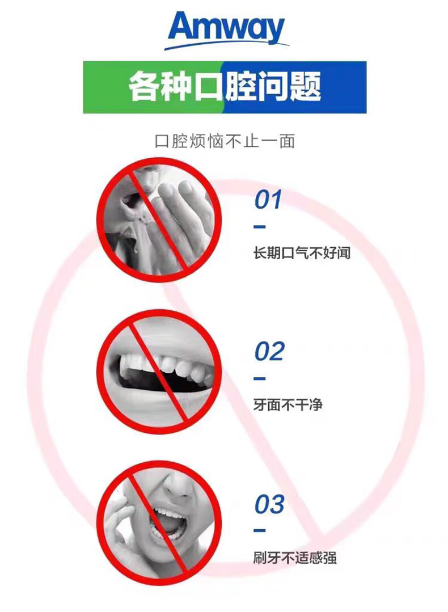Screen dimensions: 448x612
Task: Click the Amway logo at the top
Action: (226, 31)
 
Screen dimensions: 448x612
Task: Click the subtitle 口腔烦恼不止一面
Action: (225, 141)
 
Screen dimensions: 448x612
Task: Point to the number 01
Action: (268, 200)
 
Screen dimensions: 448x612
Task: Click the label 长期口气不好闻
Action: (302, 253)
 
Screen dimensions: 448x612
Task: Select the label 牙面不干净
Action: (288, 405)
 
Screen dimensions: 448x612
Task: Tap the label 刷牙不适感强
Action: (295, 558)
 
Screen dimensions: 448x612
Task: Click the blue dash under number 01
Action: (260, 227)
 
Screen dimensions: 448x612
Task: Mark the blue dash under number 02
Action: (260, 378)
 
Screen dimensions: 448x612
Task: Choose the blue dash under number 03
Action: (260, 530)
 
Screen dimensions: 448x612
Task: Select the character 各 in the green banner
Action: (144, 86)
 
